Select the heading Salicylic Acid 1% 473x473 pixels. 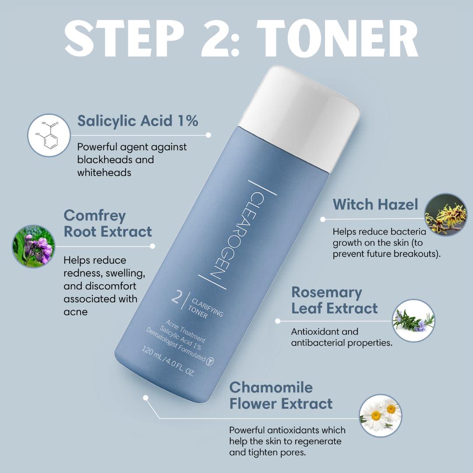click(x=138, y=120)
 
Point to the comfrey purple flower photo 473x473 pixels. click(x=34, y=247)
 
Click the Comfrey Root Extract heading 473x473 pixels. click(x=108, y=223)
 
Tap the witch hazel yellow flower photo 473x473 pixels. click(x=445, y=215)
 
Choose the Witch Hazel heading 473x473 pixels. click(x=375, y=204)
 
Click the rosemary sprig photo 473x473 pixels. click(x=413, y=320)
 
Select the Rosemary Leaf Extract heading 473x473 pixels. click(x=334, y=300)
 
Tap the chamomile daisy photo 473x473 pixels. click(x=381, y=415)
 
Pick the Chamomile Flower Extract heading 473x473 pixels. click(x=281, y=395)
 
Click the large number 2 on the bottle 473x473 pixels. click(x=176, y=299)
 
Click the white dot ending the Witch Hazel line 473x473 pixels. click(x=323, y=219)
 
